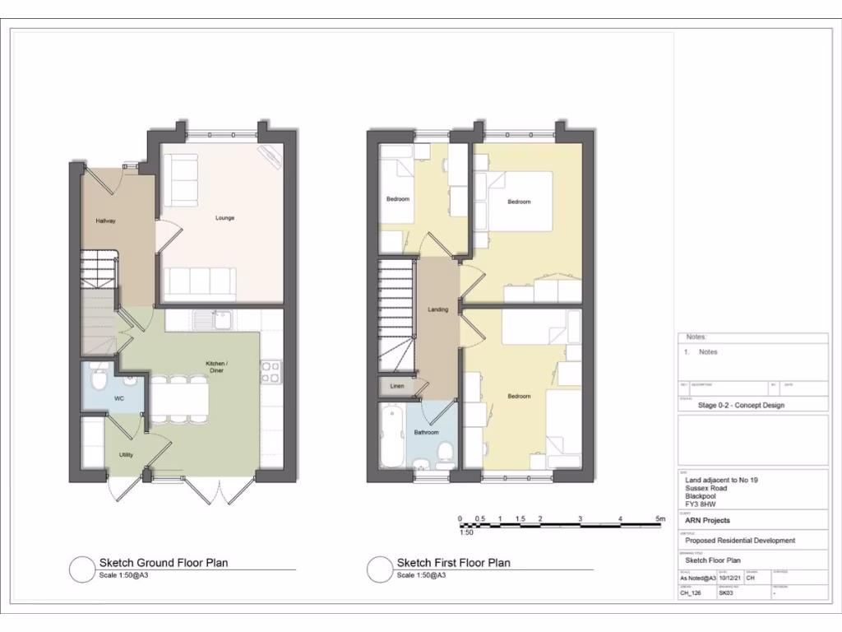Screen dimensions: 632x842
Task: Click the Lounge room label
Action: tap(224, 218)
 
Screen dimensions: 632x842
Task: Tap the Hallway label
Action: tap(105, 221)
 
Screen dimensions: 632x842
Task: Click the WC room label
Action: tap(118, 398)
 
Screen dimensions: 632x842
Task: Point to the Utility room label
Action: tap(126, 454)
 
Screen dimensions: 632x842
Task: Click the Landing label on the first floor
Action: tap(438, 309)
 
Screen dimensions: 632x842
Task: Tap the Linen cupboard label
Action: tap(397, 385)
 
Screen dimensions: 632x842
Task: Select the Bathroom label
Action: tap(426, 432)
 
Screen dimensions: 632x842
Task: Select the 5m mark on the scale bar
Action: tap(659, 518)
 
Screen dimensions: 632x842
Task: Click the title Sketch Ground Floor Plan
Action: tap(164, 563)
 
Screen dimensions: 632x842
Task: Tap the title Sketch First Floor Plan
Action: tap(453, 563)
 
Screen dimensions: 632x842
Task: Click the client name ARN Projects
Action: tap(706, 520)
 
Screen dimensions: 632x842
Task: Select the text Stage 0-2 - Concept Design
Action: tap(740, 405)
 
